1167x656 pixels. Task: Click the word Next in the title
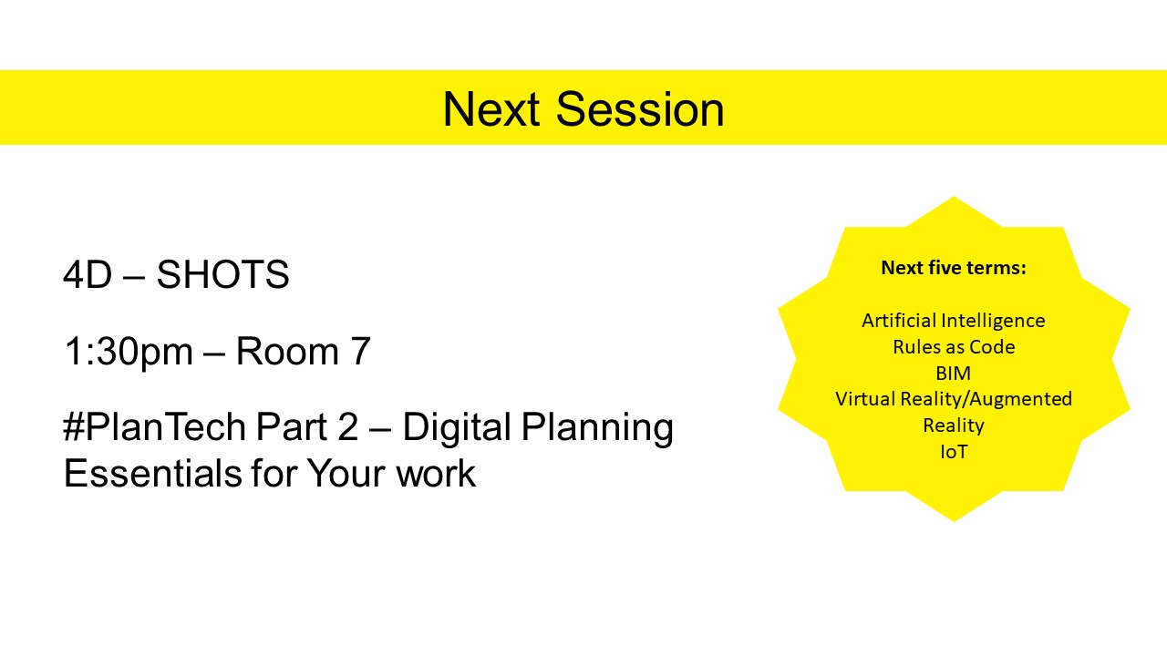491,109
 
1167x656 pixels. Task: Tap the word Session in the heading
640,109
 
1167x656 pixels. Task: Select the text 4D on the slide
88,274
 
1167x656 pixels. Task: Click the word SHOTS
222,274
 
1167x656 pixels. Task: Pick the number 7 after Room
360,351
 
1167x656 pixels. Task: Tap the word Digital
457,428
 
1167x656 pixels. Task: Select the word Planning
597,428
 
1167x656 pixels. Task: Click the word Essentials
152,473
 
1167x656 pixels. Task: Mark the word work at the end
436,473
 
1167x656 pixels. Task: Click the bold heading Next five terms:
954,268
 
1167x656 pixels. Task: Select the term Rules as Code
954,347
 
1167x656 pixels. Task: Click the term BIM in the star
954,374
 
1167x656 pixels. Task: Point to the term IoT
954,452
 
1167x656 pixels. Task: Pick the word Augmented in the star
1020,400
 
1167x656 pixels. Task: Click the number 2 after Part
348,426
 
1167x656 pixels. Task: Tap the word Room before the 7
287,351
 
